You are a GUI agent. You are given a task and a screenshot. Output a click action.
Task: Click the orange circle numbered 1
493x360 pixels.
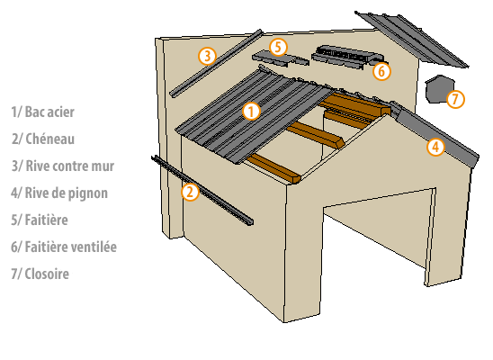(x=252, y=112)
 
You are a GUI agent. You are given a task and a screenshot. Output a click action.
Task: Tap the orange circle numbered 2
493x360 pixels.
(x=190, y=192)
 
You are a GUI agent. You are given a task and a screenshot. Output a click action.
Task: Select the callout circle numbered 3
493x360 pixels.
(x=207, y=56)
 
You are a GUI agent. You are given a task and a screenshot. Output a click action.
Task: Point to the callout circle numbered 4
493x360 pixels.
(x=435, y=147)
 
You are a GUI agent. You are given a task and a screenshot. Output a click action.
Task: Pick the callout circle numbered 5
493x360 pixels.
(x=278, y=47)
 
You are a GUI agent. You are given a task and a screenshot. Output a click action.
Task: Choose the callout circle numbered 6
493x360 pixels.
(x=381, y=71)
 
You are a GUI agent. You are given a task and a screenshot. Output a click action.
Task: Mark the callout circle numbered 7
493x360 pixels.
(x=455, y=99)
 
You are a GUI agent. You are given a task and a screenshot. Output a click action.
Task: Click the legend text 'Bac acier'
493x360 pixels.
(x=49, y=112)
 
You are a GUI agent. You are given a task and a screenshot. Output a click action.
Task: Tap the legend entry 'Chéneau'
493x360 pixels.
(x=50, y=139)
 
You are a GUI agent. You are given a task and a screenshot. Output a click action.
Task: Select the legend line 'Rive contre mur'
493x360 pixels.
(x=70, y=166)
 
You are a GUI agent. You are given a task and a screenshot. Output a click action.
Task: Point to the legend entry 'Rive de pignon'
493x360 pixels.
(x=67, y=193)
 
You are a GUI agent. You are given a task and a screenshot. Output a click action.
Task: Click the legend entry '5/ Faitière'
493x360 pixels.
(x=40, y=220)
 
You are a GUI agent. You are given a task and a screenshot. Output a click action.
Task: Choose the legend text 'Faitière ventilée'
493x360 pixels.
(x=71, y=247)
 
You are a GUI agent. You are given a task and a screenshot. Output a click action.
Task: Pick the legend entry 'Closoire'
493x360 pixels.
(x=47, y=274)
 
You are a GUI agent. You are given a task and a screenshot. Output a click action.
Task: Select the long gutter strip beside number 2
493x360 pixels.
(x=202, y=190)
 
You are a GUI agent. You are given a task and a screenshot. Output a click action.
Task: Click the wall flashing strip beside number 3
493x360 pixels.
(x=216, y=64)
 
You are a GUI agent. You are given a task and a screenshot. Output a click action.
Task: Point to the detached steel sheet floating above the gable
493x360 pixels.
(x=411, y=40)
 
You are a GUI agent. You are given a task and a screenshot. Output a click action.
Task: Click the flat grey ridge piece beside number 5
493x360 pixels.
(x=280, y=59)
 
